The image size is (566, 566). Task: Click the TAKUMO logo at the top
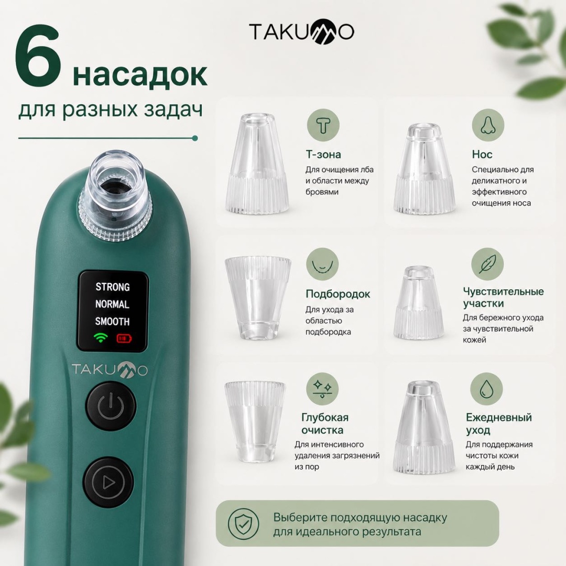point(301,32)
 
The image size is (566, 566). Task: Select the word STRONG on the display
point(112,287)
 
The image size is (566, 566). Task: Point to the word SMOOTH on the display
point(112,321)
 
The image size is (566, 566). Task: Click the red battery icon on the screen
point(124,339)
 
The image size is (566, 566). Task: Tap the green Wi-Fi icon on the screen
point(101,338)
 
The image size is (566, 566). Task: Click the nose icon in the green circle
point(488,125)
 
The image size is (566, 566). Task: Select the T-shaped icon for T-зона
point(323,125)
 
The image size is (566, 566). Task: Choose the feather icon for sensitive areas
point(487,264)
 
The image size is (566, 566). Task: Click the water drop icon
point(486,389)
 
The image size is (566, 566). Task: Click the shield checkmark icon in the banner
point(244,524)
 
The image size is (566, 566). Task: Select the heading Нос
point(482,155)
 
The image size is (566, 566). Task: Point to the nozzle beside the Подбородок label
point(258,298)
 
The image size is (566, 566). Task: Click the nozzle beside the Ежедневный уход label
point(424,428)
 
